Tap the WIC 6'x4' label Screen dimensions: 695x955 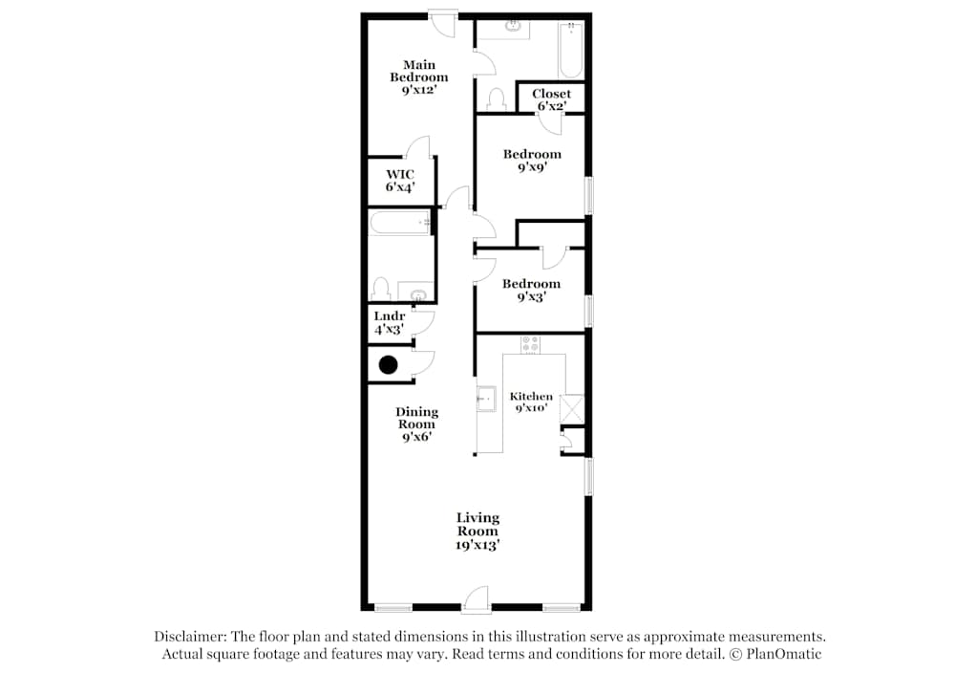pyautogui.click(x=400, y=181)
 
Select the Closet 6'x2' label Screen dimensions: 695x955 pyautogui.click(x=551, y=99)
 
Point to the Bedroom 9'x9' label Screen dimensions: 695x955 pyautogui.click(x=532, y=160)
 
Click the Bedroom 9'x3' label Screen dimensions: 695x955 pyautogui.click(x=531, y=290)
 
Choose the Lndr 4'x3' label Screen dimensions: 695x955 pyautogui.click(x=390, y=322)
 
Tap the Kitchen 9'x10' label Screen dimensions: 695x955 pyautogui.click(x=531, y=402)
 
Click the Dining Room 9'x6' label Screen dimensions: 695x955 pyautogui.click(x=416, y=424)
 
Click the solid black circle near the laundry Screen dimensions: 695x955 pyautogui.click(x=389, y=364)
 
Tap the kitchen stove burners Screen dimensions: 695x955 pyautogui.click(x=530, y=343)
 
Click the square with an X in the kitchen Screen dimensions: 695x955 pyautogui.click(x=573, y=409)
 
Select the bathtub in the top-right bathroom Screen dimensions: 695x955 pyautogui.click(x=570, y=50)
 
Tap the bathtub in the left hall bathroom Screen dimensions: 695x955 pyautogui.click(x=400, y=223)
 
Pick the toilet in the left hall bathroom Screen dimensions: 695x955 pyautogui.click(x=380, y=289)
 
